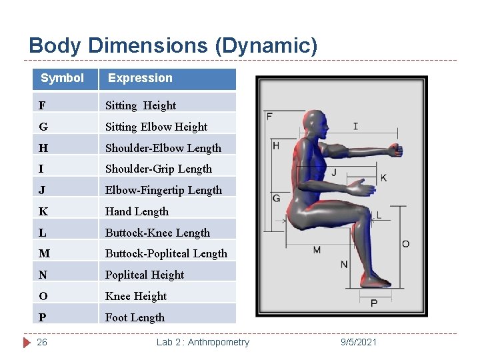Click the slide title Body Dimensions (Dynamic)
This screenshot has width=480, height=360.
[x=173, y=46]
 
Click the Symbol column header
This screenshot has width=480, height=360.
[x=62, y=78]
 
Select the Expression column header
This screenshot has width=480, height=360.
[x=140, y=78]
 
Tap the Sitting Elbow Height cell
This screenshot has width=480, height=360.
[x=156, y=127]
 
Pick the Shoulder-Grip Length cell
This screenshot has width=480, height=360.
[x=159, y=169]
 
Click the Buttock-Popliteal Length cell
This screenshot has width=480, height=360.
[x=166, y=253]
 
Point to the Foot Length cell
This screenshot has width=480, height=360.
[x=135, y=317]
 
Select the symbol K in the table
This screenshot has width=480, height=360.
[x=43, y=211]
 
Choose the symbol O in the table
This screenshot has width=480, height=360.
[x=43, y=296]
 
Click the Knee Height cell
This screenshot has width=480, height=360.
[x=136, y=296]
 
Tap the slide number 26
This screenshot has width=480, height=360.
[x=42, y=342]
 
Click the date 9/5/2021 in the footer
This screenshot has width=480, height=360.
[x=358, y=342]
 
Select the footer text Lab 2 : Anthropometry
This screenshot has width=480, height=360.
[x=203, y=342]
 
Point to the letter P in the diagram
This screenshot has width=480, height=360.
[x=374, y=303]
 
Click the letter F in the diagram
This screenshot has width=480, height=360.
[x=269, y=116]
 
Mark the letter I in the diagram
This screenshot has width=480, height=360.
[x=355, y=126]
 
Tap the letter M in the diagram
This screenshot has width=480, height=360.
[x=317, y=250]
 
